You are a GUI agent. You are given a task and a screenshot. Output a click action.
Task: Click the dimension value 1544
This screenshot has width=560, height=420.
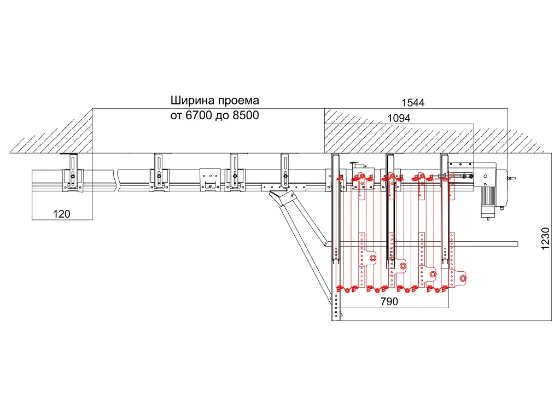click(413, 102)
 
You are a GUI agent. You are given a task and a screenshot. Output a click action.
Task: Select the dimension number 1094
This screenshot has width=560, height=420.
click(398, 118)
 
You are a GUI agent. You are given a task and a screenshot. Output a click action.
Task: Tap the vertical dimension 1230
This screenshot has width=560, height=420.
click(546, 239)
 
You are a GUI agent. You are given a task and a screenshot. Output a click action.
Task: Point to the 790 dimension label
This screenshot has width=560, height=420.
click(389, 301)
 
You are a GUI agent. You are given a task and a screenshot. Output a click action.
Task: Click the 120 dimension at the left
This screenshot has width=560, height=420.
click(61, 214)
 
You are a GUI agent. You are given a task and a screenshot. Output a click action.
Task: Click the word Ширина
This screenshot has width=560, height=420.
click(190, 101)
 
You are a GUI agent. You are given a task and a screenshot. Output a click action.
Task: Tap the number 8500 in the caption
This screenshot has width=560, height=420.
click(244, 116)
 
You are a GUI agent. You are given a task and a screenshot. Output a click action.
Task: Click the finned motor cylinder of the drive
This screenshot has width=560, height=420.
click(486, 208)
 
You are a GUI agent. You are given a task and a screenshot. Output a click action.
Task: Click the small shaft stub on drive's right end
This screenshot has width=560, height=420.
click(511, 178)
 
